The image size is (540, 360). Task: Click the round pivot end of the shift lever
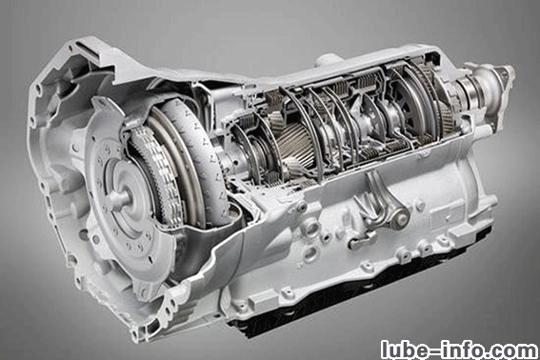[x=401, y=217]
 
